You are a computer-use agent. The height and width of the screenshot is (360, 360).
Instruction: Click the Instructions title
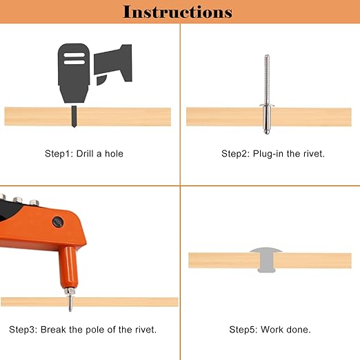click(177, 12)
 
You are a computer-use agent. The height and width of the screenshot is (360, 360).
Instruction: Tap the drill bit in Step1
click(74, 117)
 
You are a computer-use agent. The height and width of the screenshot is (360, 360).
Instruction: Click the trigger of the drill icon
click(101, 80)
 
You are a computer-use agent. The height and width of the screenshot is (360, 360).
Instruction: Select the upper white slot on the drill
click(74, 55)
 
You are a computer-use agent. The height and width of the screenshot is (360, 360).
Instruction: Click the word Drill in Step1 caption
click(85, 154)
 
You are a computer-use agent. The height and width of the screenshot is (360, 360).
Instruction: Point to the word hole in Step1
click(114, 154)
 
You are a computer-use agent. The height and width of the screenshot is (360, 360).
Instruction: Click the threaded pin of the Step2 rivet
click(267, 79)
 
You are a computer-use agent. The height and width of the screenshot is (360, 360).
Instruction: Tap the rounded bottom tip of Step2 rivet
click(267, 132)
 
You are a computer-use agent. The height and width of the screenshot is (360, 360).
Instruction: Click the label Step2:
click(235, 154)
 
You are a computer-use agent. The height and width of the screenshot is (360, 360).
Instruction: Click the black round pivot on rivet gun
click(58, 222)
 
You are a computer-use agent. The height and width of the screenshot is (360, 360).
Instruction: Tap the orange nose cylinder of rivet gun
click(68, 268)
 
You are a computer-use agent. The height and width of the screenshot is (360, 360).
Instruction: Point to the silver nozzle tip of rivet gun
click(70, 292)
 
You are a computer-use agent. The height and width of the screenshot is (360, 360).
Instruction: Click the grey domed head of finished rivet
click(266, 250)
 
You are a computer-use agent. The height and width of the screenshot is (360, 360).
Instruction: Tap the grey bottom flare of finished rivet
click(266, 270)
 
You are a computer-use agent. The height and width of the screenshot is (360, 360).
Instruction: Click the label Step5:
click(243, 330)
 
